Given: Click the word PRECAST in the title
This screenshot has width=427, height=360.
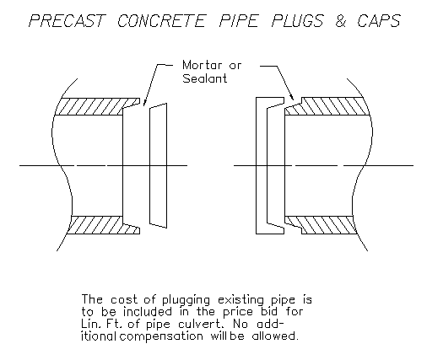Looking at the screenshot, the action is tap(67, 21).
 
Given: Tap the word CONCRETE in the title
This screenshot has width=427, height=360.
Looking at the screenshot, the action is tap(161, 21).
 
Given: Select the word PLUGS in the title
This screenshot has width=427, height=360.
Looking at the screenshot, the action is tap(298, 21).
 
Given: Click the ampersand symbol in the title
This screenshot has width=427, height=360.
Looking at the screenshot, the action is tap(341, 21).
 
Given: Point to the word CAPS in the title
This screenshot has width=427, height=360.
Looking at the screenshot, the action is tap(379, 21).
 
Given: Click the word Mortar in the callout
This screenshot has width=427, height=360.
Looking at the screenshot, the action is tap(202, 65).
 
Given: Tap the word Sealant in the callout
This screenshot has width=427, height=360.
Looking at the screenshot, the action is tap(205, 78).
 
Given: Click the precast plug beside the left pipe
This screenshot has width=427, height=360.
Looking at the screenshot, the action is tap(158, 165).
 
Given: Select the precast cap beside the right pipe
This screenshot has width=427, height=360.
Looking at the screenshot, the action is tap(262, 165).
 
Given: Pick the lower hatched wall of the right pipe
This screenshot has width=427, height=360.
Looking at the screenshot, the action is tap(323, 225).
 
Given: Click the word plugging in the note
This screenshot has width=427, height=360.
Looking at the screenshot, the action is tap(186, 300).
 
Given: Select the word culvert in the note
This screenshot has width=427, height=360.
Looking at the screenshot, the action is tap(202, 324).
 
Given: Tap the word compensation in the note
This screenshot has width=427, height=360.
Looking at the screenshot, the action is tap(161, 336).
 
